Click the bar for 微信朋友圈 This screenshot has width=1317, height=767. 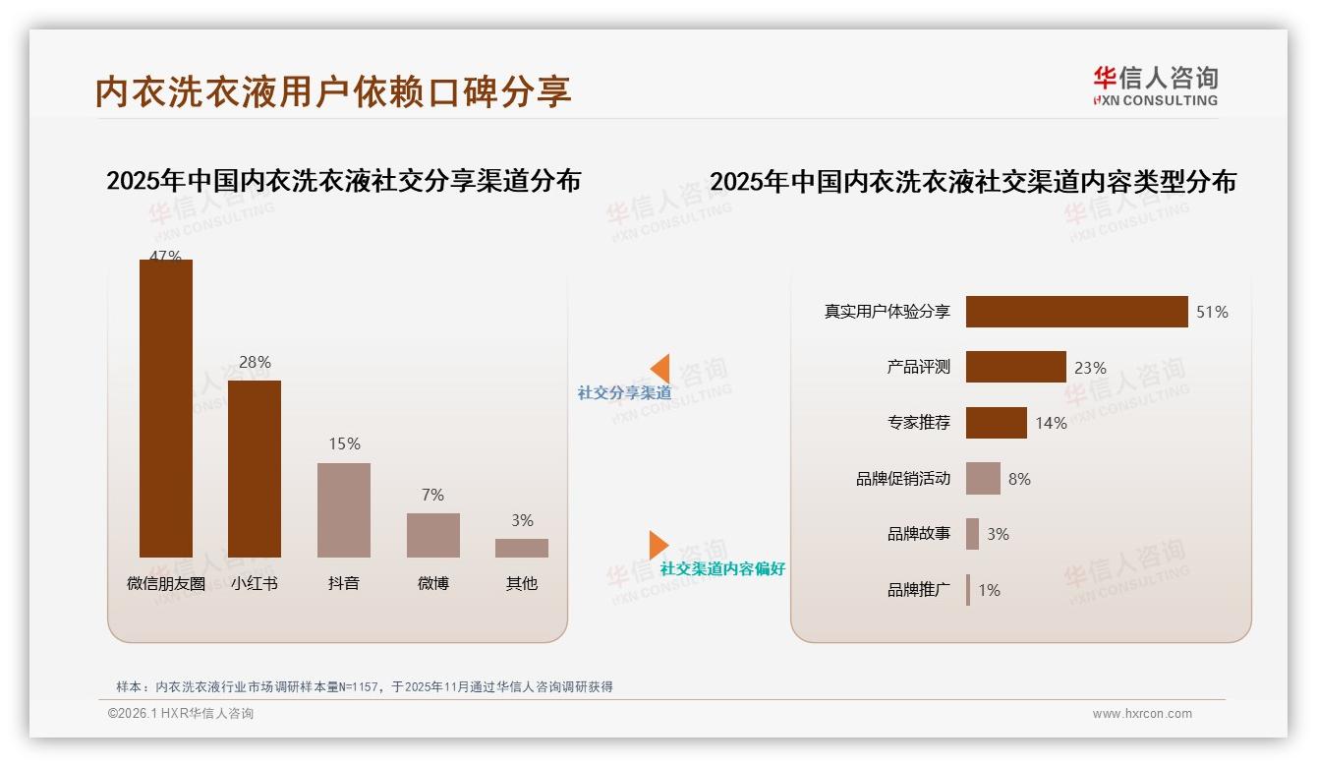(165, 408)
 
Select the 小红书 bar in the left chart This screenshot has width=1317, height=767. (255, 469)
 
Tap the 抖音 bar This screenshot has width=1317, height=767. (344, 509)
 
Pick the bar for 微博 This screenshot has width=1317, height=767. (432, 535)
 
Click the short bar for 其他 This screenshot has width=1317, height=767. (522, 548)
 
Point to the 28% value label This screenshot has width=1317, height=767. (255, 363)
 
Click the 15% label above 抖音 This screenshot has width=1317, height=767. (344, 444)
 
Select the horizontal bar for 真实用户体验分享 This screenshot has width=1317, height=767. (1076, 312)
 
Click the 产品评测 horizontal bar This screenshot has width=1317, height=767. (1015, 367)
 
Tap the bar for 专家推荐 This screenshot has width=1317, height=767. (996, 423)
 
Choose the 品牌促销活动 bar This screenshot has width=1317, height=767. (983, 479)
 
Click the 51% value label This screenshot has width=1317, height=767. (1212, 313)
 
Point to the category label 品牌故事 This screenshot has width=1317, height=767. (919, 534)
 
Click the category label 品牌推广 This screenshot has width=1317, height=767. (919, 590)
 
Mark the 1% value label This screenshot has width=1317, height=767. (989, 590)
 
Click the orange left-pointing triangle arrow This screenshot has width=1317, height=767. (660, 368)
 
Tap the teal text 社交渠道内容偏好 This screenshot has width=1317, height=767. (722, 569)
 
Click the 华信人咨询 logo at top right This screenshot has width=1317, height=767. (1155, 86)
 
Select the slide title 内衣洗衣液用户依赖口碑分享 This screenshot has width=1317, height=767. (333, 91)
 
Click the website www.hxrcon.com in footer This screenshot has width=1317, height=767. (1142, 714)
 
